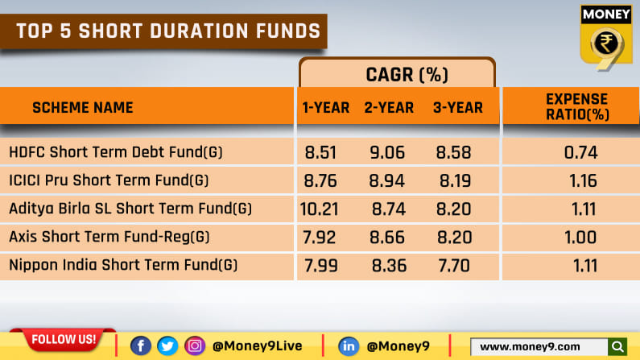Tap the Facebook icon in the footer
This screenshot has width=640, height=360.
click(x=140, y=346)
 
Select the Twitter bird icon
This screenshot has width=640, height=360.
click(x=167, y=346)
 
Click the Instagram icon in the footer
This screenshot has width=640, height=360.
click(x=194, y=346)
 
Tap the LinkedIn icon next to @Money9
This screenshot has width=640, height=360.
click(x=349, y=346)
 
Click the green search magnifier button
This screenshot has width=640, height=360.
click(x=617, y=346)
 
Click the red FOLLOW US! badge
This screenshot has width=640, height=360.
click(x=62, y=339)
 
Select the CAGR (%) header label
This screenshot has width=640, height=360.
click(x=397, y=75)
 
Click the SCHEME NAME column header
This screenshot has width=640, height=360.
click(x=82, y=107)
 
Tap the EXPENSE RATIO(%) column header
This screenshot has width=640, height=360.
click(x=577, y=106)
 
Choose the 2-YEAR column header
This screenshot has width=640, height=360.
click(x=389, y=107)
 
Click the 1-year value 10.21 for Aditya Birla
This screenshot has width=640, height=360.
click(x=319, y=209)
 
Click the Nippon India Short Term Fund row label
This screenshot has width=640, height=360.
click(x=123, y=265)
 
